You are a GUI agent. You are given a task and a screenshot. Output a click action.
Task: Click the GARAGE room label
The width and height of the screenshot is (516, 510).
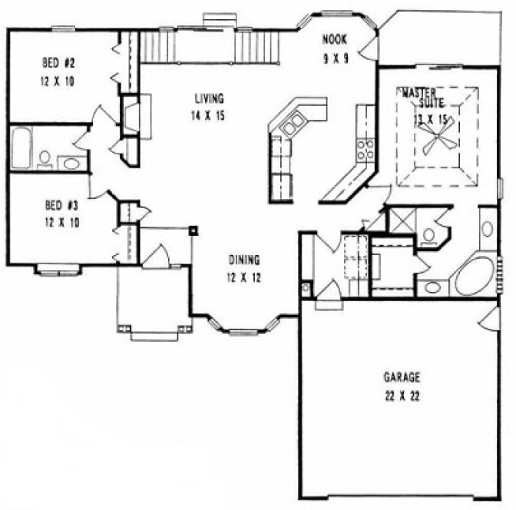pyautogui.click(x=402, y=377)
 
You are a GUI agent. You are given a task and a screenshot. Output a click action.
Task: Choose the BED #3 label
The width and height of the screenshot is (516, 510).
pyautogui.click(x=58, y=205)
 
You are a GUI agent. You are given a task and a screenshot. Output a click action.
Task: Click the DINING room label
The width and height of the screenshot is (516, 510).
pyautogui.click(x=245, y=260)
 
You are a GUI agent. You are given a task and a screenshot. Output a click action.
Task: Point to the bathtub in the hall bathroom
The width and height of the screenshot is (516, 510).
pyautogui.click(x=21, y=148)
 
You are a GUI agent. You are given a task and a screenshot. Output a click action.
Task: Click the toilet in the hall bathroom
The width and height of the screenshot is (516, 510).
pyautogui.click(x=45, y=158)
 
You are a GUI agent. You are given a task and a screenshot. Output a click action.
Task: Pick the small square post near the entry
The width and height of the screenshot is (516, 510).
pyautogui.click(x=193, y=229)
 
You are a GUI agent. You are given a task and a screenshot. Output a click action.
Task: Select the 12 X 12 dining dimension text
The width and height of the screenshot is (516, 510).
pyautogui.click(x=245, y=278)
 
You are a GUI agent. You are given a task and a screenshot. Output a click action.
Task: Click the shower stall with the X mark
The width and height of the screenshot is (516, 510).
pyautogui.click(x=400, y=220)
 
